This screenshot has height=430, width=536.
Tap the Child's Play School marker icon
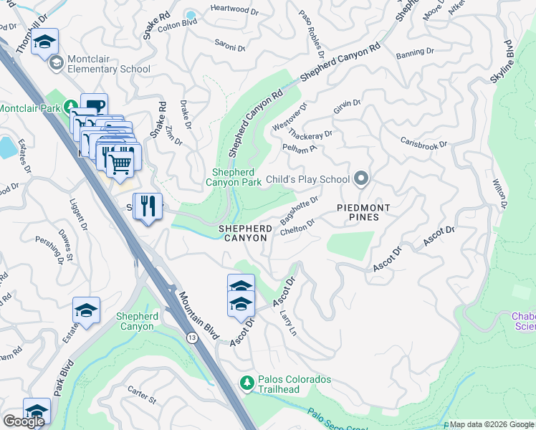click(361, 179)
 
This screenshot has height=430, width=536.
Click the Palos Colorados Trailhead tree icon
click(247, 383)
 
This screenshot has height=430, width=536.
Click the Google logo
click(24, 421)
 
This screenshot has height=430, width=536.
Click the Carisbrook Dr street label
click(423, 144)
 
